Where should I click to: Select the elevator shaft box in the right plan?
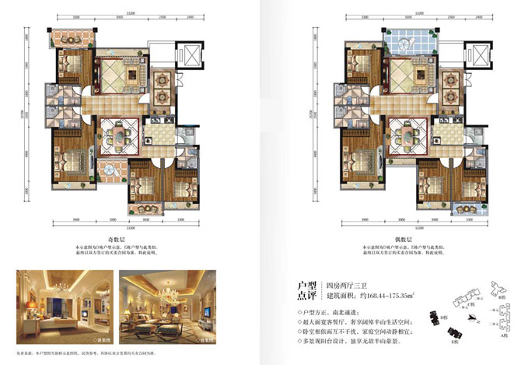477,56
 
